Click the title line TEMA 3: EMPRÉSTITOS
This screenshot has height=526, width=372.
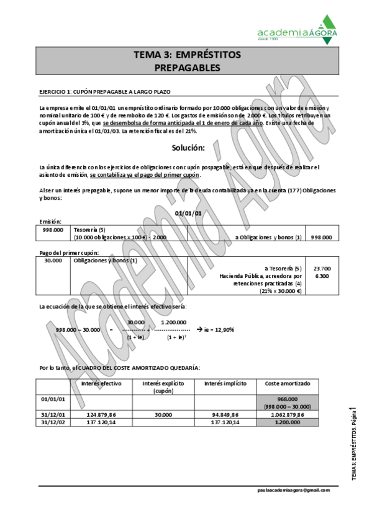tap(187, 55)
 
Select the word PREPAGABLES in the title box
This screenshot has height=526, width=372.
tap(187, 67)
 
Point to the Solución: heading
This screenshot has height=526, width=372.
tap(188, 148)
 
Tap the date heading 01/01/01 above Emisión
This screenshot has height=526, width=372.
tap(188, 213)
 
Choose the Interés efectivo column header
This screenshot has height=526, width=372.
tap(101, 383)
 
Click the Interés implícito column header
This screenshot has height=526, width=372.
tap(225, 383)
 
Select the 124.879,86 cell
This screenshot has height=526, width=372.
tap(101, 414)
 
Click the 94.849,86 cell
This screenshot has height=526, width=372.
tap(225, 414)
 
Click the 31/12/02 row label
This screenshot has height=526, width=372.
tap(53, 422)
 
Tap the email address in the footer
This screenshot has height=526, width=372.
tap(293, 489)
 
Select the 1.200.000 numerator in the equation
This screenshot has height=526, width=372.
tap(175, 322)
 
